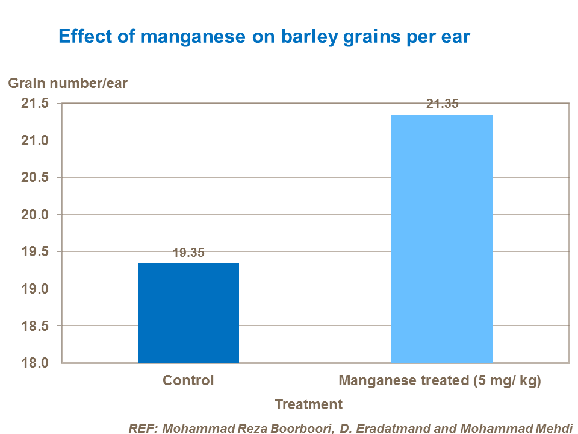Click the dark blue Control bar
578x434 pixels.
pyautogui.click(x=188, y=313)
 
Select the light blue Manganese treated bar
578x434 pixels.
pyautogui.click(x=442, y=239)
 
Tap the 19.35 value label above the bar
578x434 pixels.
pyautogui.click(x=189, y=253)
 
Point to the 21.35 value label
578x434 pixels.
pyautogui.click(x=443, y=104)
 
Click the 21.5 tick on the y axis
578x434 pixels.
pyautogui.click(x=34, y=104)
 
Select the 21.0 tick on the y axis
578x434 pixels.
pyautogui.click(x=34, y=140)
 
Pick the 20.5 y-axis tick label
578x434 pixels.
pyautogui.click(x=34, y=178)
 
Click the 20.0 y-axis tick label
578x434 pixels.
pyautogui.click(x=34, y=215)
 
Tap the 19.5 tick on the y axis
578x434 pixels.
pyautogui.click(x=34, y=252)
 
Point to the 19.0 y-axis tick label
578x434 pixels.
pyautogui.click(x=34, y=289)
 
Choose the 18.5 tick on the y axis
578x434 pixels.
pyautogui.click(x=34, y=326)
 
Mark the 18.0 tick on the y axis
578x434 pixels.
pyautogui.click(x=34, y=363)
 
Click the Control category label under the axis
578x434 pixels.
pyautogui.click(x=188, y=381)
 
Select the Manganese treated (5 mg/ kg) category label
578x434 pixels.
pyautogui.click(x=441, y=381)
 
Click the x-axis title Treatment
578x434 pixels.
pyautogui.click(x=308, y=404)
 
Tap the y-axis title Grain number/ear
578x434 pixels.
pyautogui.click(x=67, y=83)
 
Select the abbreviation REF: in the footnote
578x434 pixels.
pyautogui.click(x=142, y=428)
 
